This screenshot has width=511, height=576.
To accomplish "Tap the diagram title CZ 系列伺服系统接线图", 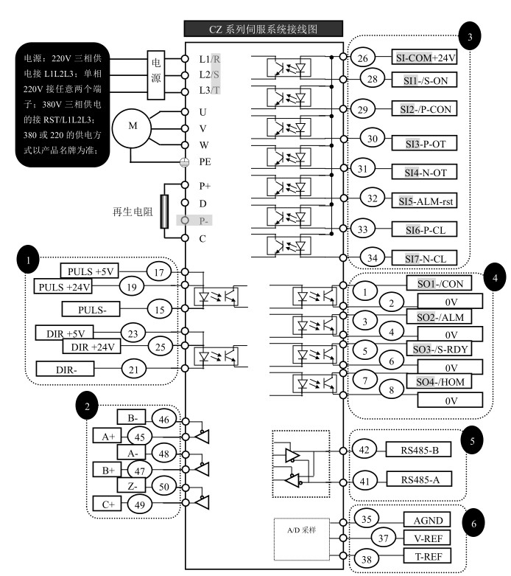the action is tap(264, 29).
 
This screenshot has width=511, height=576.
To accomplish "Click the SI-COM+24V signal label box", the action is tap(424, 57).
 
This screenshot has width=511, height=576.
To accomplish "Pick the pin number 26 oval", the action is tap(362, 58).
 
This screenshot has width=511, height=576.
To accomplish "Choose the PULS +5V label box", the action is tap(90, 271).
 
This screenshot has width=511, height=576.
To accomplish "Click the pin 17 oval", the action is tap(159, 272).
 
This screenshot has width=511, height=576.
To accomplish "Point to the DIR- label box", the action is tap(65, 369).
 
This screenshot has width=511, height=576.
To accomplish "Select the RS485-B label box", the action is tap(418, 449).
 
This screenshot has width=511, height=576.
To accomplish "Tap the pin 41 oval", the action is tap(364, 481).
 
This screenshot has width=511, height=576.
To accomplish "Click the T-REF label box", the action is tap(427, 556).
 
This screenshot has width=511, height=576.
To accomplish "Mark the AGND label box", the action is tap(427, 519).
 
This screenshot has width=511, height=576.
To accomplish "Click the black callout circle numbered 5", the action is tap(472, 440).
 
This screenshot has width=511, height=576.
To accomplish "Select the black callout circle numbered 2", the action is tap(87, 406).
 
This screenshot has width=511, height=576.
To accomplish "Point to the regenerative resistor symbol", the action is tap(164, 212).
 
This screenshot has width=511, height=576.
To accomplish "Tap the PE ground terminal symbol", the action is tap(185, 162).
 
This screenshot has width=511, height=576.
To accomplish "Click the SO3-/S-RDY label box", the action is tap(439, 349).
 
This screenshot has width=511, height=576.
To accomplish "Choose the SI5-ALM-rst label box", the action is tap(424, 201).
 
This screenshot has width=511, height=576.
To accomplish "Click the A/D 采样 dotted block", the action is tap(302, 539).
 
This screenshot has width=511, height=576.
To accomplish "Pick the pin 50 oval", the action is tap(163, 486).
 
